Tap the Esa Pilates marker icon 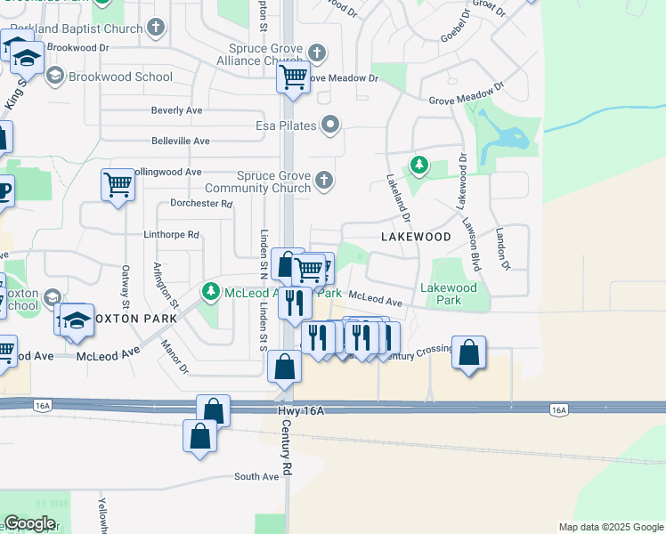pos(331,125)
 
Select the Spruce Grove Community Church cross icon pos(324,181)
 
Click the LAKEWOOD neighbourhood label pos(417,237)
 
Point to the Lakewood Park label pos(448,294)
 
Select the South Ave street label pos(256,477)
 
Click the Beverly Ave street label pos(177,110)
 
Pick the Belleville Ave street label pos(180,141)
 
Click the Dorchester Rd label pos(201,203)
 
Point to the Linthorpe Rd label pos(171,235)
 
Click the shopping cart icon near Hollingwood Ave pos(118,184)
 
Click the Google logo pos(29,523)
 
